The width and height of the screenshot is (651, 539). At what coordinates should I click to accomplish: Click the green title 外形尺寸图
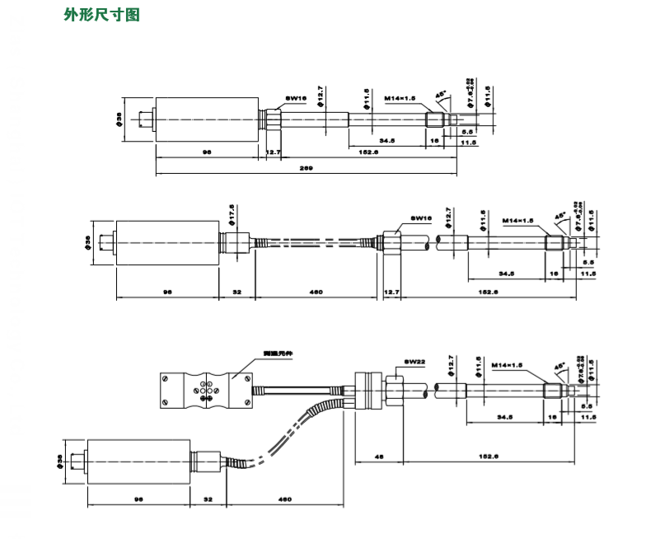pos(101,16)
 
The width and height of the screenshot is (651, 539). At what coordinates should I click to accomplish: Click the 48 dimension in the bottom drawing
pos(378,454)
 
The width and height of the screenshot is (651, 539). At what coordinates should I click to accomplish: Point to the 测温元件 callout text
pos(279,353)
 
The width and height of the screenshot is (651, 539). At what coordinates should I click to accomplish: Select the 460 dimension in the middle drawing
pos(315,293)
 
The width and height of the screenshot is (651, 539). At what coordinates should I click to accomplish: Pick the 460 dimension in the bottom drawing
pos(285,499)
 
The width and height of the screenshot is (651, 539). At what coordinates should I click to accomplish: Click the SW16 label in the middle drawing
pos(421,218)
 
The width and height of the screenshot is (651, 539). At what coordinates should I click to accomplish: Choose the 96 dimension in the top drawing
pos(207,152)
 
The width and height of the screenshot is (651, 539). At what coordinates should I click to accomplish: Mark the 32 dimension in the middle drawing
pos(237,293)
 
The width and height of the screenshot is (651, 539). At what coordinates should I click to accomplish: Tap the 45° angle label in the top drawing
pos(439,96)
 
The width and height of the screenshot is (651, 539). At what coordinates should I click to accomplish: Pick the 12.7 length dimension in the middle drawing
pos(392,293)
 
